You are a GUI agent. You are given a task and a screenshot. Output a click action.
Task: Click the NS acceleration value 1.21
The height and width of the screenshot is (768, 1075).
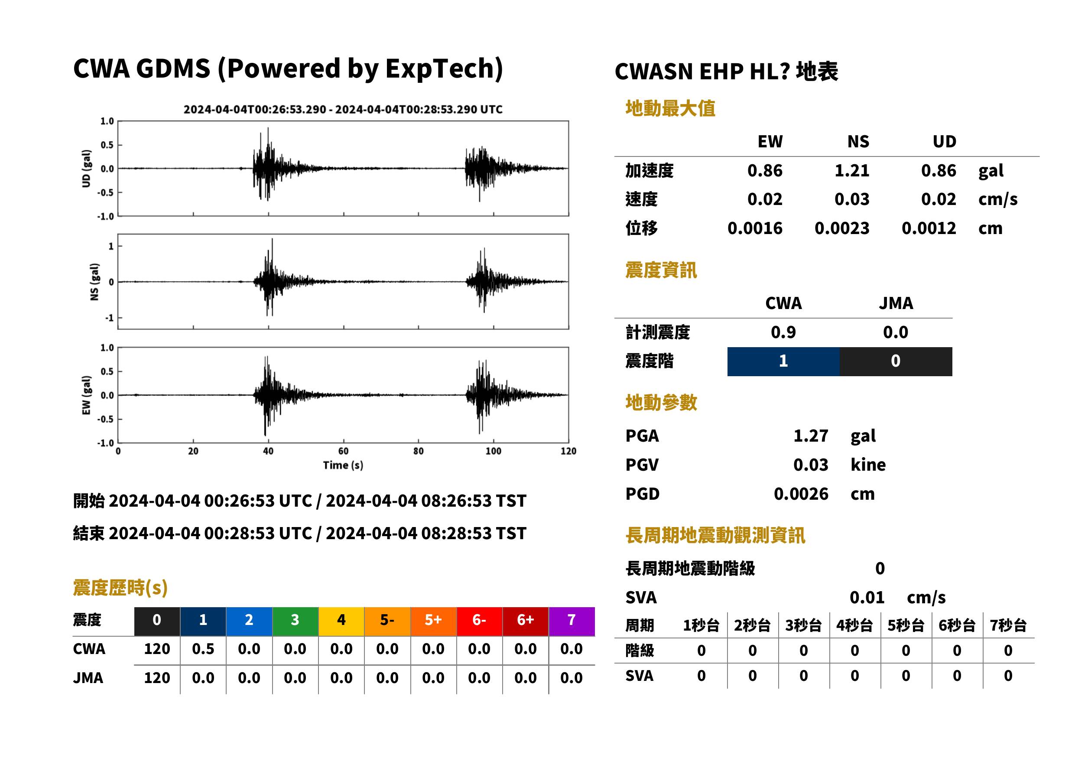[x=851, y=171]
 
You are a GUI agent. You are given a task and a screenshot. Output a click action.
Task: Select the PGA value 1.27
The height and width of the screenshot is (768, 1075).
[x=810, y=436]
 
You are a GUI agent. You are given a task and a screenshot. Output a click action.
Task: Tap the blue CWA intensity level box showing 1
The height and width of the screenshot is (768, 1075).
[x=783, y=361]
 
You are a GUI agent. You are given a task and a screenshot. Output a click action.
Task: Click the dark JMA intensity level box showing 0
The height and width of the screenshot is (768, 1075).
[x=896, y=361]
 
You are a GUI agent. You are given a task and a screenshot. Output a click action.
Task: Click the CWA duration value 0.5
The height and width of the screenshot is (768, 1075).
[x=203, y=649]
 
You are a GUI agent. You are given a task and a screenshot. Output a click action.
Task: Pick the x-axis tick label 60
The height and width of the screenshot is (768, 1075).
[x=343, y=451]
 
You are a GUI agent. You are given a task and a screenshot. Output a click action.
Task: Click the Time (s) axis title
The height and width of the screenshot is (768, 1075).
[x=343, y=465]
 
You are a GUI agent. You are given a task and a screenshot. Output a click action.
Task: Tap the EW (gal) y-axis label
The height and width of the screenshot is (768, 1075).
[x=86, y=395]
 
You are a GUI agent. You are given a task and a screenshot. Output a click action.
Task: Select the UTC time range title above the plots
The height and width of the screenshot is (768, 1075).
[x=343, y=109]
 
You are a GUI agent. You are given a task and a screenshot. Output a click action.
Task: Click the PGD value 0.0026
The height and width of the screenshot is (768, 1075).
[x=801, y=494]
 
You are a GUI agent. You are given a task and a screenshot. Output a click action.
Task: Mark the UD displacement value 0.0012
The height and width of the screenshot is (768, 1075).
[x=929, y=228]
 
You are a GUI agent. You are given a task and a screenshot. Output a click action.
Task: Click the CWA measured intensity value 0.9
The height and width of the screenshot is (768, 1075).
[x=783, y=332]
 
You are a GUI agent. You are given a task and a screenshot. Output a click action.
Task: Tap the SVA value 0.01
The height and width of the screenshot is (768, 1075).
[x=867, y=597]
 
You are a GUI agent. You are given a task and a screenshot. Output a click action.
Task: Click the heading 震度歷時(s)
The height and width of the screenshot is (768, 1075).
[x=120, y=588]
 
